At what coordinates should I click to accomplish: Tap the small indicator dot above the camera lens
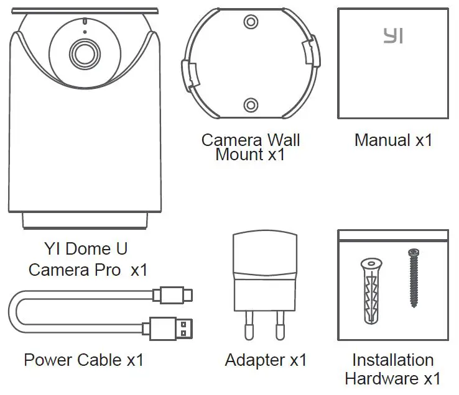(83, 30)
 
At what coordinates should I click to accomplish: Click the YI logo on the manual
(393, 36)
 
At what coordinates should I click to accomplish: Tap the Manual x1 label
(393, 140)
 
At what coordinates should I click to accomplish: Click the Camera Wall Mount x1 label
(250, 147)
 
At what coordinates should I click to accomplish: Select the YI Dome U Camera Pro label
(86, 260)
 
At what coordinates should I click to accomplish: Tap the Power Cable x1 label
(83, 360)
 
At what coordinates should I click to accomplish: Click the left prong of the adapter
(249, 325)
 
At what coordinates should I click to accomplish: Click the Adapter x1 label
(266, 360)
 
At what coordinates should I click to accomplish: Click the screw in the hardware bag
(414, 277)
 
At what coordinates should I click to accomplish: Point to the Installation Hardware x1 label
(393, 369)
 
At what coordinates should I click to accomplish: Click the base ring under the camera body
(86, 220)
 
